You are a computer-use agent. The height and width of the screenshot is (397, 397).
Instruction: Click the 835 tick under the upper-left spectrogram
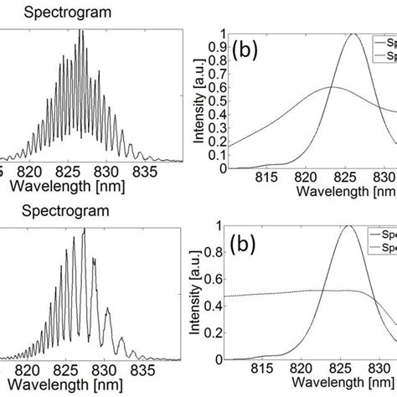(141, 177)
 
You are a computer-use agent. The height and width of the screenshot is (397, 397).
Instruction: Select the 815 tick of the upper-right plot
(268, 178)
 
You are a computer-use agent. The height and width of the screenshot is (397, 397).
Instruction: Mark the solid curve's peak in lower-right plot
(347, 226)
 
